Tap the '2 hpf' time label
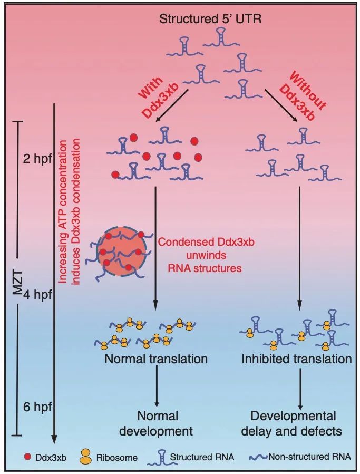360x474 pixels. [x=34, y=160]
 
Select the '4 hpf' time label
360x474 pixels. [x=34, y=294]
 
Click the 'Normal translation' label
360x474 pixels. [x=156, y=360]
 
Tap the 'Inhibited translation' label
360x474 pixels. [x=297, y=360]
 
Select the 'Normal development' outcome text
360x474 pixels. [x=156, y=423]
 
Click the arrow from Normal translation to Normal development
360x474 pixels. [x=157, y=387]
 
